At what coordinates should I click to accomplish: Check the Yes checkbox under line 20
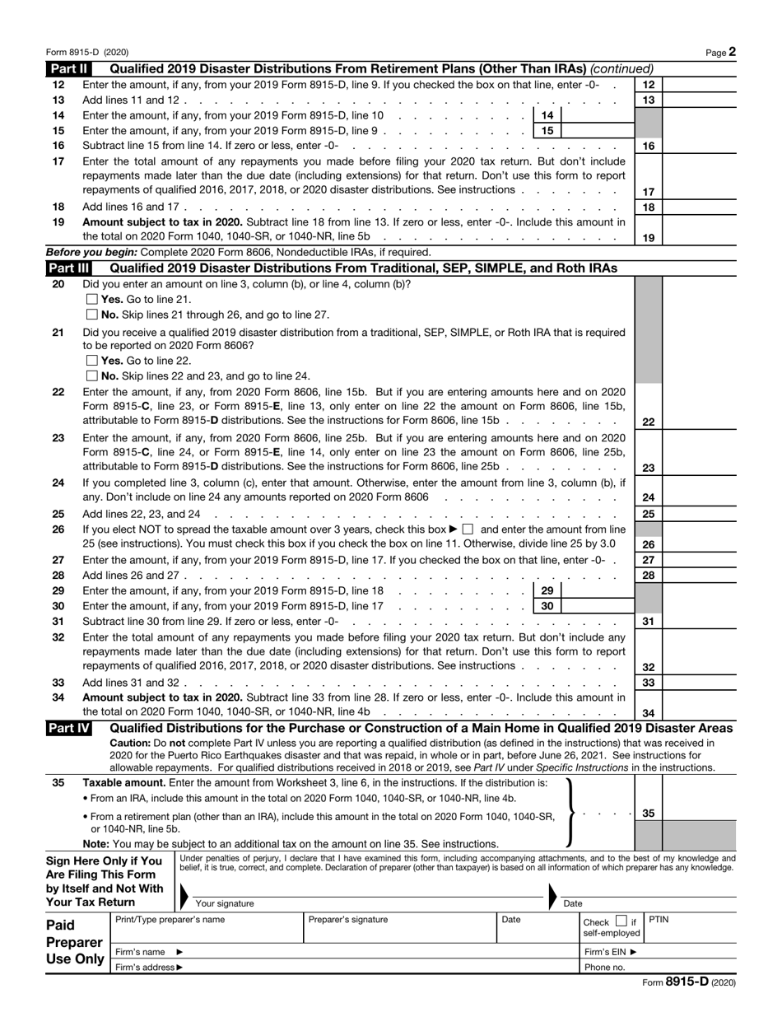[92, 300]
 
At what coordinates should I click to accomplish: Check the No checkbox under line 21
[92, 375]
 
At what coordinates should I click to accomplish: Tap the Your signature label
[224, 903]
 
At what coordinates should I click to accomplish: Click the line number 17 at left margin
[58, 161]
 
